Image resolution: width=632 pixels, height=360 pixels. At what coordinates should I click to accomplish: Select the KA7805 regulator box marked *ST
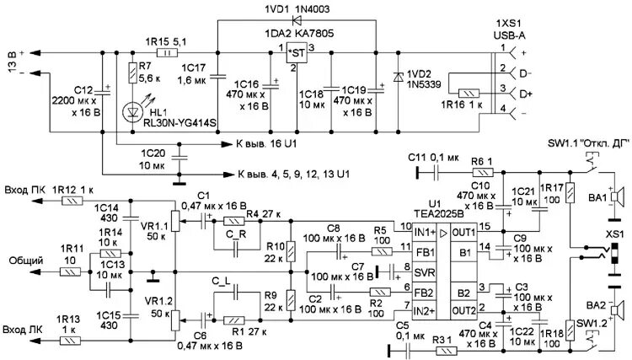(296, 53)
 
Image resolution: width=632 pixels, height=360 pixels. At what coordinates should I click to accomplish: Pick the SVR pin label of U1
(426, 271)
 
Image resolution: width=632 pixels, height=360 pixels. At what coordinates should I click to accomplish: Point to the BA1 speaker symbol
(618, 198)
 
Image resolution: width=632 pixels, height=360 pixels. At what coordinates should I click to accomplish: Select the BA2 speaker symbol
(618, 308)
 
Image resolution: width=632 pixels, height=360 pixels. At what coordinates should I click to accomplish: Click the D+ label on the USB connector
(526, 93)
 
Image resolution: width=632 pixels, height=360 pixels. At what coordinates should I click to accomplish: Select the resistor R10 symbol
(290, 250)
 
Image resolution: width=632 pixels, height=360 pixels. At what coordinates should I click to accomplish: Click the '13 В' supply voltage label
(12, 63)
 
